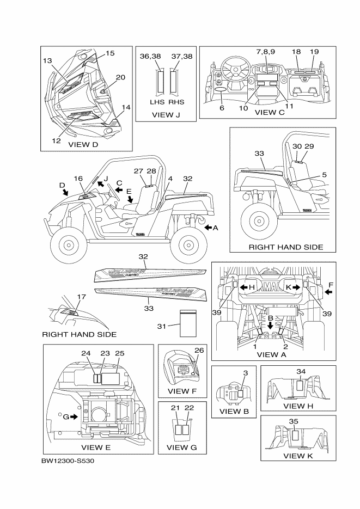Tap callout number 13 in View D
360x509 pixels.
tap(47, 61)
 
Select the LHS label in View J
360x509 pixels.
tap(160, 102)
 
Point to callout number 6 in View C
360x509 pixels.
tap(221, 108)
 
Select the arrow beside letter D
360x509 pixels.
tap(65, 192)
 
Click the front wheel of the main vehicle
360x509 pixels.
tap(69, 245)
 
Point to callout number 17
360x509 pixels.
tap(82, 297)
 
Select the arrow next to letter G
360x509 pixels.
tap(73, 417)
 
